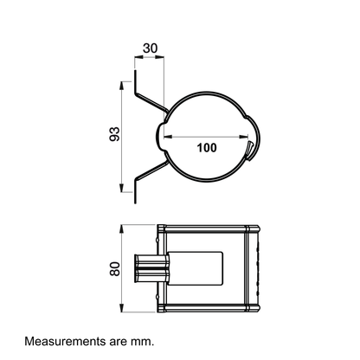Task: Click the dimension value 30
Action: (151, 48)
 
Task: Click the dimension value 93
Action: (114, 134)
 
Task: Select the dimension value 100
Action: (207, 148)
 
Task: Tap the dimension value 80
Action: (115, 269)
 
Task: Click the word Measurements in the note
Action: (66, 341)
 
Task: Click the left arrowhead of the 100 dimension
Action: (169, 137)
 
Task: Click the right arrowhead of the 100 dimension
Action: (243, 137)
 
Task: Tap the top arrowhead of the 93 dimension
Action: (121, 86)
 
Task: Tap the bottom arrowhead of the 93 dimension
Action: (121, 188)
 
